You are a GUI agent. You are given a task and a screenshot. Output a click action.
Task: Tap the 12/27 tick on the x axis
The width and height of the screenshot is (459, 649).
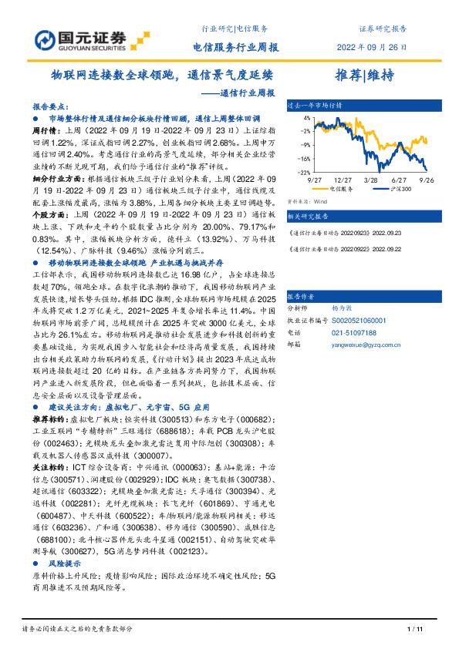pyautogui.click(x=342, y=178)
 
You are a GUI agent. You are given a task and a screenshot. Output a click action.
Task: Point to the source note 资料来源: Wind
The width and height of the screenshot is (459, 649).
pyautogui.click(x=302, y=200)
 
